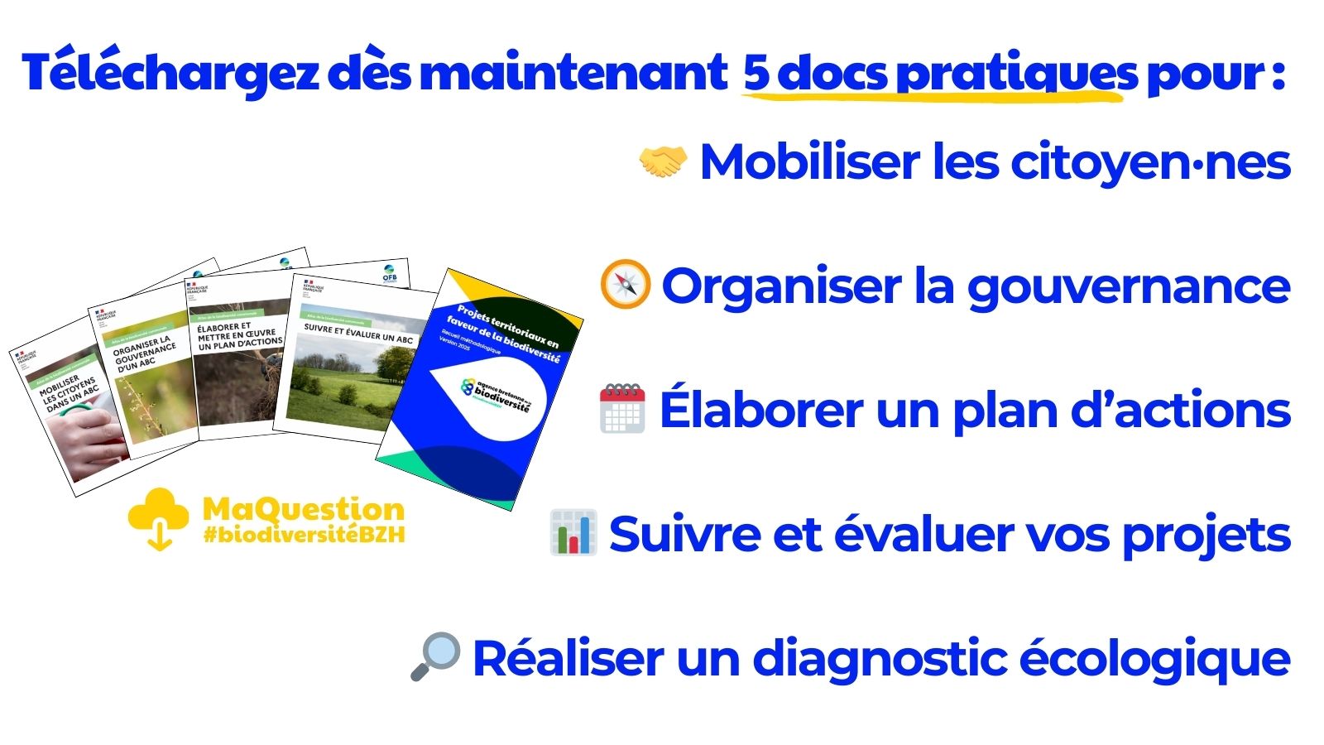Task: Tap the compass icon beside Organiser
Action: (625, 285)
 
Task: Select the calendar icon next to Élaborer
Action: (622, 408)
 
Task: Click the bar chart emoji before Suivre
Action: (573, 532)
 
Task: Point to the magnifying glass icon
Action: (435, 656)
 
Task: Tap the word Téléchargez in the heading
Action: (170, 73)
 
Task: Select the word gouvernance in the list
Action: (1129, 286)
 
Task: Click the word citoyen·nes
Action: (1150, 161)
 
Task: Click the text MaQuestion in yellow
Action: (304, 509)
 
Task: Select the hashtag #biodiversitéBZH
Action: (304, 535)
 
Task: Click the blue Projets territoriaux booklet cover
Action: (480, 389)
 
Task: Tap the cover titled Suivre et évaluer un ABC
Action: (356, 356)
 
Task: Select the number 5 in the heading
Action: (756, 73)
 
